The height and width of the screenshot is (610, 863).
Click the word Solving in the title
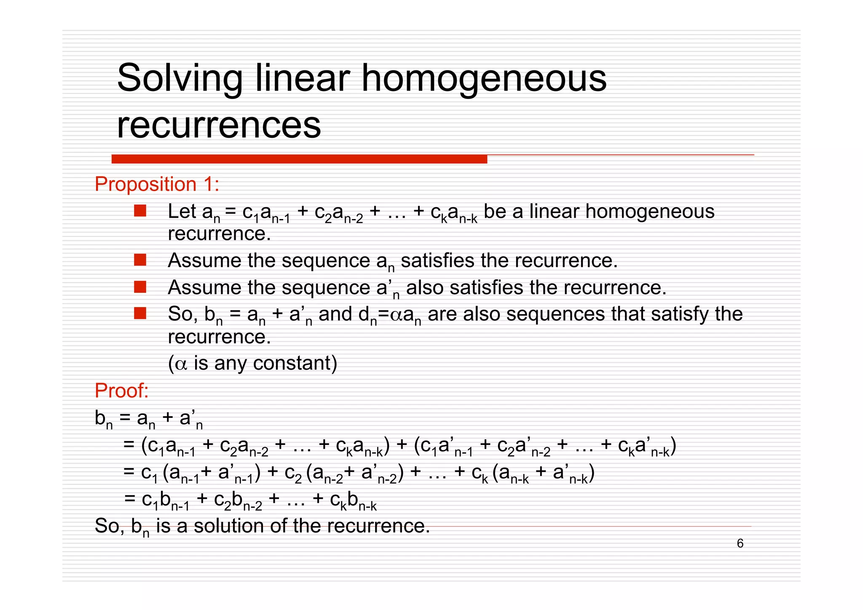pos(180,78)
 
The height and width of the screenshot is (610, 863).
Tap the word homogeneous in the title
pos(484,78)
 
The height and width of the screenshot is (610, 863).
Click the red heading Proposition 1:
pos(157,185)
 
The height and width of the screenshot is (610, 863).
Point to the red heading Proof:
pos(121,391)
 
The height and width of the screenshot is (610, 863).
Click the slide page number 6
pos(740,543)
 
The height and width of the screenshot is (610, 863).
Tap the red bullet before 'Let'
pos(140,211)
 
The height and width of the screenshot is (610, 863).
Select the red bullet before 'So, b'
pos(140,313)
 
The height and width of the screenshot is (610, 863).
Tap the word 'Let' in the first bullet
pos(182,211)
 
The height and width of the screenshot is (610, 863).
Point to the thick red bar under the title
pos(299,159)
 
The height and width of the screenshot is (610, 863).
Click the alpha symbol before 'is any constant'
pos(181,364)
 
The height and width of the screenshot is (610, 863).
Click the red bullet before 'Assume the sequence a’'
pos(140,287)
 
